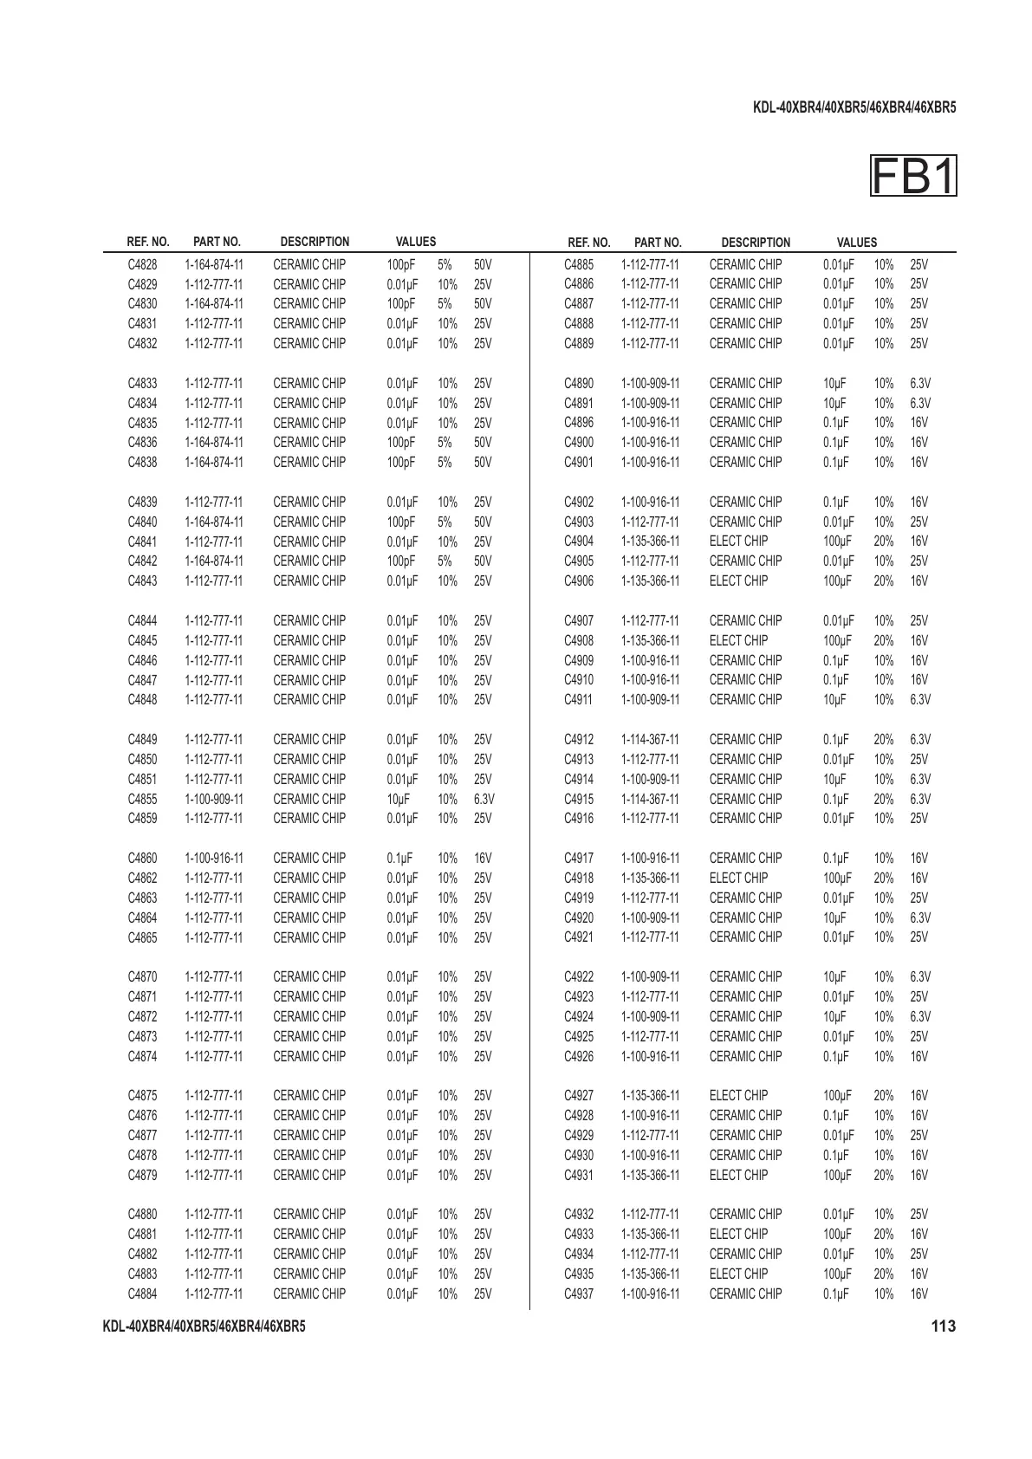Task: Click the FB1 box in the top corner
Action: (913, 177)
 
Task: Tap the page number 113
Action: (943, 1326)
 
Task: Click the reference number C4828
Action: (142, 264)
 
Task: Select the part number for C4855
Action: (214, 799)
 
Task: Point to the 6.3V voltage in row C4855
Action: (484, 799)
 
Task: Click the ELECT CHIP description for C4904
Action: (738, 541)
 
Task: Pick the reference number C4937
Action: (579, 1294)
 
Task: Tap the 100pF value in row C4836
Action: (401, 443)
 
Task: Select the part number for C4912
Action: (650, 740)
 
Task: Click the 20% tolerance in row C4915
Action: (883, 799)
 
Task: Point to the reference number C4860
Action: (142, 859)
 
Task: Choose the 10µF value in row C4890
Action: (834, 383)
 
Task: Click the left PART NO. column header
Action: (217, 242)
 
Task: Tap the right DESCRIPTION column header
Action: (756, 243)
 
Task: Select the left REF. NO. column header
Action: (148, 242)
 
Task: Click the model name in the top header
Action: (854, 108)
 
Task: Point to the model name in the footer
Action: (204, 1326)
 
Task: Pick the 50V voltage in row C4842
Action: (483, 561)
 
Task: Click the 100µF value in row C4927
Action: (837, 1096)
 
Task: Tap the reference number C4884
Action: (142, 1294)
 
